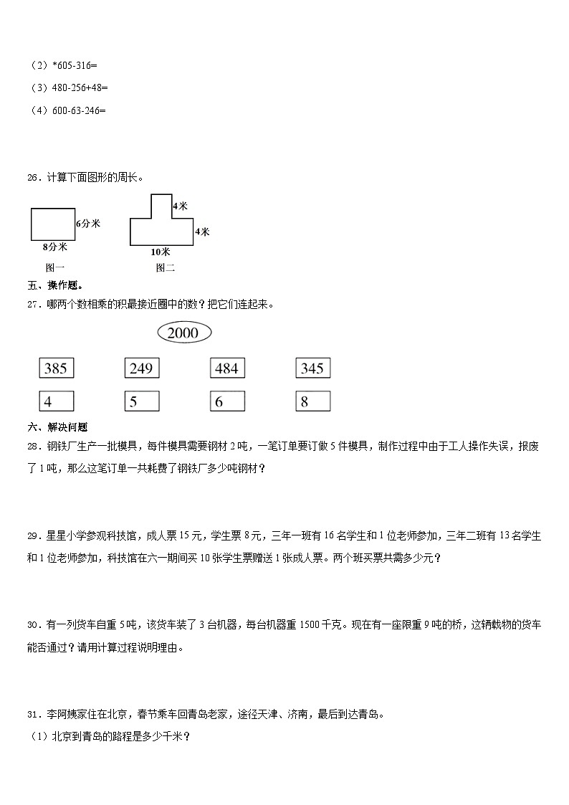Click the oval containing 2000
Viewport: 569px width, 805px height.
[x=183, y=333]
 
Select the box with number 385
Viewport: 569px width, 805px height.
[x=56, y=368]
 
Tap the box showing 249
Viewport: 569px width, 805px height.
[x=141, y=368]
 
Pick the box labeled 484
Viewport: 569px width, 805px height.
[x=227, y=368]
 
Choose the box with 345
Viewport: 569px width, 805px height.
[x=312, y=368]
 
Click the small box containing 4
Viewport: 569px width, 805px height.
[x=56, y=401]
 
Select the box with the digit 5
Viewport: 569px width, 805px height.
[x=141, y=401]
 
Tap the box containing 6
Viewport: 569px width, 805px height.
[x=227, y=401]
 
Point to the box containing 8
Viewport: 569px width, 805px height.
[x=312, y=401]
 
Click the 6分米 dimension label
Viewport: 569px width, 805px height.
[x=87, y=224]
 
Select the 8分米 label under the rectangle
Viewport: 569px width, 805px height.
[x=54, y=247]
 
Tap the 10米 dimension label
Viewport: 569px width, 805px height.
[x=161, y=252]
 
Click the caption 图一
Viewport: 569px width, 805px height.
[x=54, y=268]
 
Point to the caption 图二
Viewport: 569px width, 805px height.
[x=165, y=268]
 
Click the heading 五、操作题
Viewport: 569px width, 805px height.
[x=54, y=285]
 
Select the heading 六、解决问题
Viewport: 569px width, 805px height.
[x=57, y=427]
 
